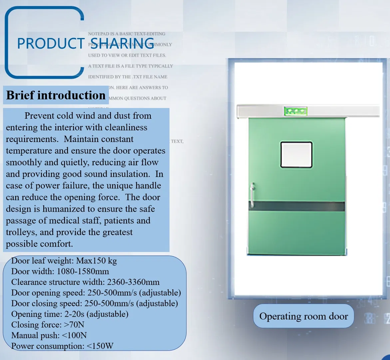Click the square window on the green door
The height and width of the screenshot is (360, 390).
tap(296, 155)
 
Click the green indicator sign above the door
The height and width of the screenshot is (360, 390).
tap(295, 111)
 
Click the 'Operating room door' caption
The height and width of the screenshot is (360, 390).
tap(303, 316)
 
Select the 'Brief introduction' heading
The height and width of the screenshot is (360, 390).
tap(56, 95)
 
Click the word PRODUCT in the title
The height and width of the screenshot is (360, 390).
tap(51, 44)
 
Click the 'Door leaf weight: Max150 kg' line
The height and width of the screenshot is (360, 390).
tap(64, 261)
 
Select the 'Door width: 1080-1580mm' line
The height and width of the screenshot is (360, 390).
tap(60, 271)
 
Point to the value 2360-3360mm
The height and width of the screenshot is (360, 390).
tap(133, 282)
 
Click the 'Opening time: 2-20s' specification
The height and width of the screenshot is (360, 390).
tap(70, 314)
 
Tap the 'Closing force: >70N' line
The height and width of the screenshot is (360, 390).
tap(48, 325)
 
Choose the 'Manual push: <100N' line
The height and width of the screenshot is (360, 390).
tap(49, 335)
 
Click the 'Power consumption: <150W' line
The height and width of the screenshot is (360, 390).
tap(62, 346)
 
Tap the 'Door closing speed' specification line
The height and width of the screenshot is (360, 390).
tap(94, 303)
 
